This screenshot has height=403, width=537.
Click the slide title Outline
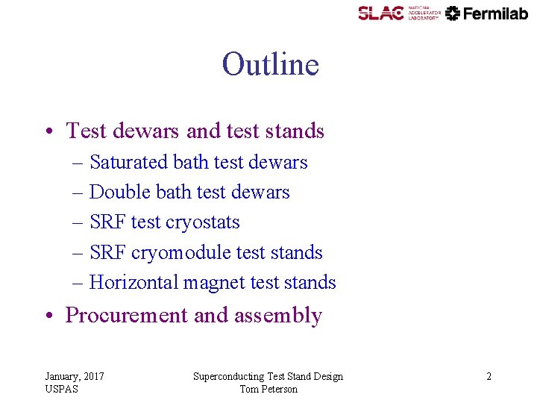pyautogui.click(x=270, y=65)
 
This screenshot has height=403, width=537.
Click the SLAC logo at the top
pyautogui.click(x=380, y=13)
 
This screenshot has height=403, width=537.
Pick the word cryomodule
pyautogui.click(x=181, y=252)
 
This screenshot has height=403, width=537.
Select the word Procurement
pyautogui.click(x=126, y=315)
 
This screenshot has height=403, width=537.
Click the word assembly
pyautogui.click(x=277, y=316)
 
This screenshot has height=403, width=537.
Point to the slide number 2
pyautogui.click(x=489, y=376)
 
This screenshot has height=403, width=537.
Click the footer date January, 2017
pyautogui.click(x=75, y=376)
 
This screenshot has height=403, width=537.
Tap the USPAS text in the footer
pyautogui.click(x=61, y=389)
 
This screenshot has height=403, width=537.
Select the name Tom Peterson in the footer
pyautogui.click(x=268, y=389)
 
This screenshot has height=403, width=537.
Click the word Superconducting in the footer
pyautogui.click(x=228, y=376)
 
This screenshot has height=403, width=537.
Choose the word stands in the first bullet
pyautogui.click(x=297, y=131)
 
